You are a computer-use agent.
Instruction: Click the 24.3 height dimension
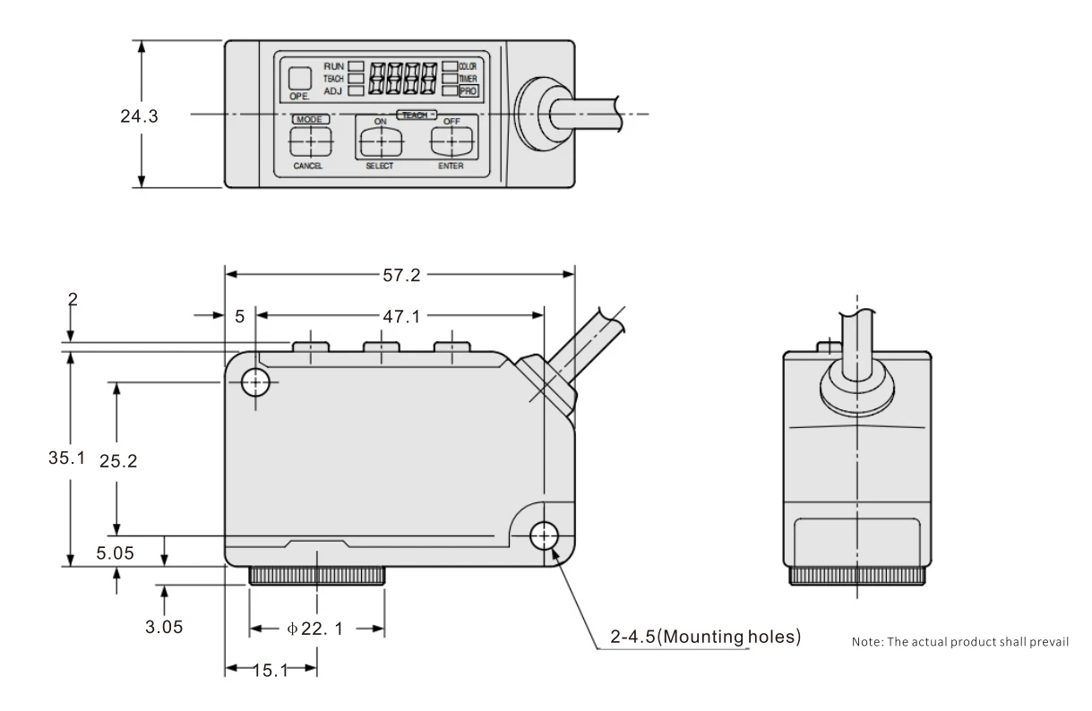139,116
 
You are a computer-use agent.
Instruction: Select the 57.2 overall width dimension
401,275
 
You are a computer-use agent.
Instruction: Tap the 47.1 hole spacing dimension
401,317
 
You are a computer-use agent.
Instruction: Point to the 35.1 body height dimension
67,458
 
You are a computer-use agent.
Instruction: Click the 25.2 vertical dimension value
118,461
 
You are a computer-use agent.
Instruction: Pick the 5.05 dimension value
115,553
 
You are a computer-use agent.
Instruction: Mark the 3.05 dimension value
164,627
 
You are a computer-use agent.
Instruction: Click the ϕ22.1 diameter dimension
315,629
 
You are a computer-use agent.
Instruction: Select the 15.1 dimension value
271,671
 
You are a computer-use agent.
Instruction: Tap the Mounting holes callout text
705,637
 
